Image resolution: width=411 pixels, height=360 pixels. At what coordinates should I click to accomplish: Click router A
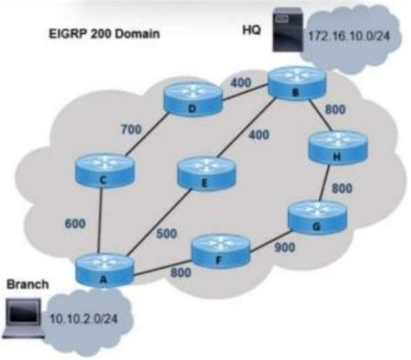[x=103, y=268]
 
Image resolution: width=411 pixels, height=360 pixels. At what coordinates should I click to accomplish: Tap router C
[x=103, y=167]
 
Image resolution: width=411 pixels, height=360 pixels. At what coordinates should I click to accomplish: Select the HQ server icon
[x=282, y=30]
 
